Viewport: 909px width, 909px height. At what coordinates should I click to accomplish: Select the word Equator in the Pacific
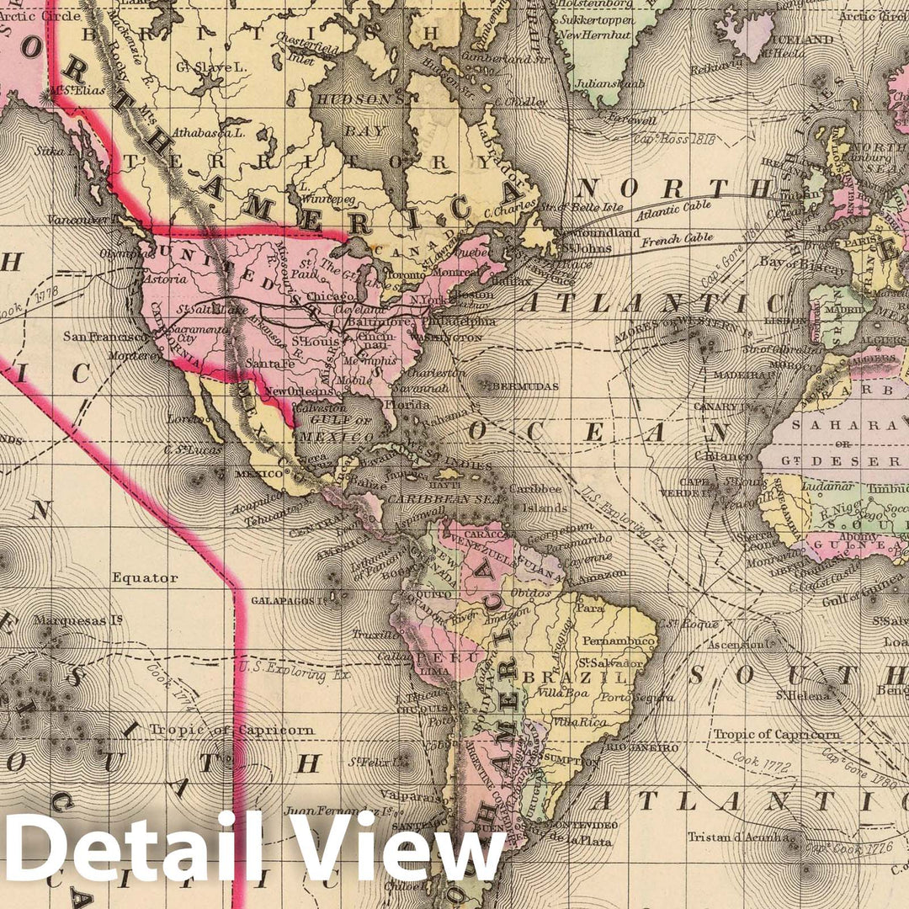[x=144, y=578]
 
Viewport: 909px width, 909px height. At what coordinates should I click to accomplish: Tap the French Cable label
[x=678, y=242]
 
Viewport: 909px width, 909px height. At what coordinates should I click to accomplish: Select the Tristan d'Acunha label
[x=738, y=837]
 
